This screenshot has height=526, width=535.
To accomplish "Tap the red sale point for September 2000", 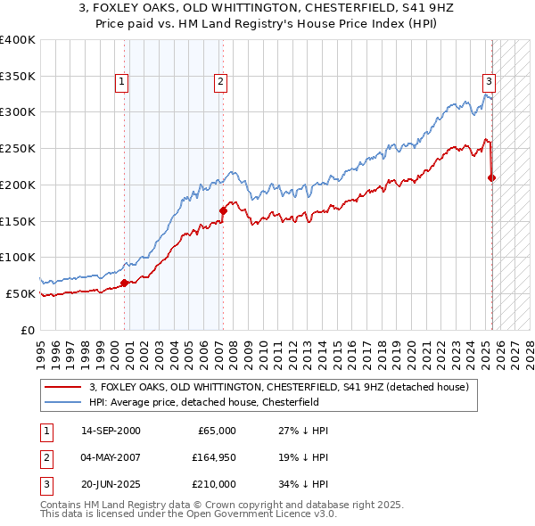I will pos(125,283).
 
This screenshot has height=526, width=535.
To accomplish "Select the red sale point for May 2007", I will pos(223,210).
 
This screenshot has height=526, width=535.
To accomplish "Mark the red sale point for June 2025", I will pos(491,177).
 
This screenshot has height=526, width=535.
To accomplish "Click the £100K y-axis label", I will pos(17,257).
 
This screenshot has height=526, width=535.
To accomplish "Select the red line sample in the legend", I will pos(62,387).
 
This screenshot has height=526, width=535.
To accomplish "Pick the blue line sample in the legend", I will pos(62,402).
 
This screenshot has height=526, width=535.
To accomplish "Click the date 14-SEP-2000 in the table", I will pos(111,431).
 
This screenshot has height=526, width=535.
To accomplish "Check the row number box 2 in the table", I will pos(45,457).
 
